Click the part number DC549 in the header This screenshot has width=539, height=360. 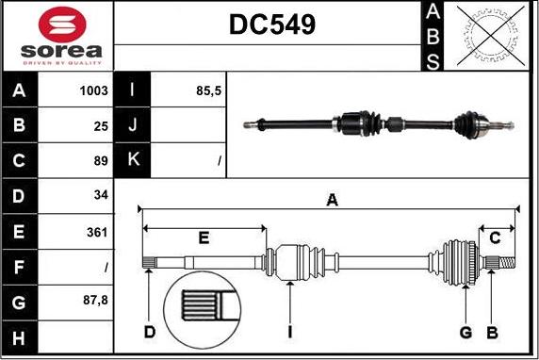pyautogui.click(x=272, y=25)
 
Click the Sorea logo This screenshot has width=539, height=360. pyautogui.click(x=57, y=36)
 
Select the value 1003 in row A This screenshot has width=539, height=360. pyautogui.click(x=94, y=90)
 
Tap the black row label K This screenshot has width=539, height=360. pyautogui.click(x=132, y=160)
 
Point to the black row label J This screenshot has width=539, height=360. pyautogui.click(x=132, y=125)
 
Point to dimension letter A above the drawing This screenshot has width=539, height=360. pyautogui.click(x=331, y=200)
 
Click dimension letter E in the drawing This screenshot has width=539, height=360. pyautogui.click(x=204, y=237)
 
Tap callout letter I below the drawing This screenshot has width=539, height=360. pyautogui.click(x=290, y=332)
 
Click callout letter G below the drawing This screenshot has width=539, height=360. pyautogui.click(x=465, y=332)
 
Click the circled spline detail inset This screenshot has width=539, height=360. pyautogui.click(x=204, y=309)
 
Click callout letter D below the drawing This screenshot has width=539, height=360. pyautogui.click(x=149, y=332)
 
